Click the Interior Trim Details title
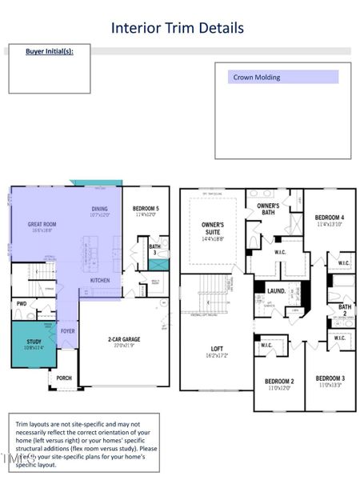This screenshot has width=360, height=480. pos(178,29)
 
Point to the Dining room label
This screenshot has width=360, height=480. pos(100,211)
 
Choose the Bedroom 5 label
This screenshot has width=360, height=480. pos(146,210)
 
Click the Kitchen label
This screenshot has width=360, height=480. pos(100,280)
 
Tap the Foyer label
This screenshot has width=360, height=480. pos(68,330)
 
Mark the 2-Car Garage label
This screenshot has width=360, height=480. pos(126,340)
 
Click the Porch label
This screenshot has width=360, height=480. pos(64,378)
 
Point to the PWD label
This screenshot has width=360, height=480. pos(22,303)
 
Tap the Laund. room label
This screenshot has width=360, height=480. pos(277,291)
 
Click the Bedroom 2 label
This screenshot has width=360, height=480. pos(280,383)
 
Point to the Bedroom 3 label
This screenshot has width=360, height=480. pos(330,380)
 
